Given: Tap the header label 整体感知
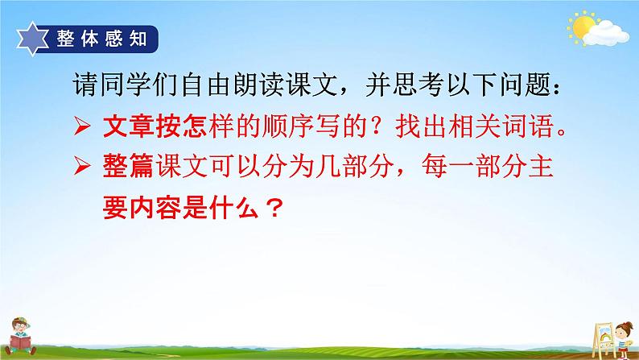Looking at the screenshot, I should pyautogui.click(x=102, y=38).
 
